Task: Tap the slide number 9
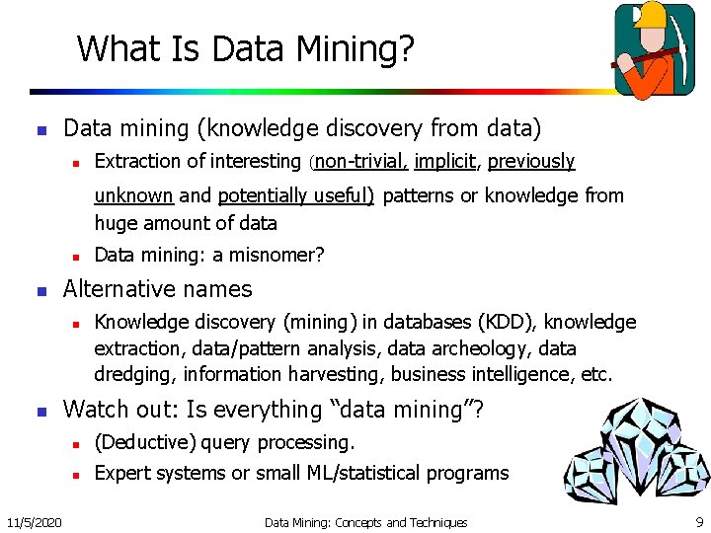[x=699, y=521]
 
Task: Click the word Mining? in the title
[x=355, y=47]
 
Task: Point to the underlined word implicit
[x=446, y=161]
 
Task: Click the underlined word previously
[x=531, y=161]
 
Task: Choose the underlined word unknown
[x=133, y=195]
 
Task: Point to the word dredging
[x=132, y=375]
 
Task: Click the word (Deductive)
[x=138, y=442]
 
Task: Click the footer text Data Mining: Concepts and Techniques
[x=365, y=521]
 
